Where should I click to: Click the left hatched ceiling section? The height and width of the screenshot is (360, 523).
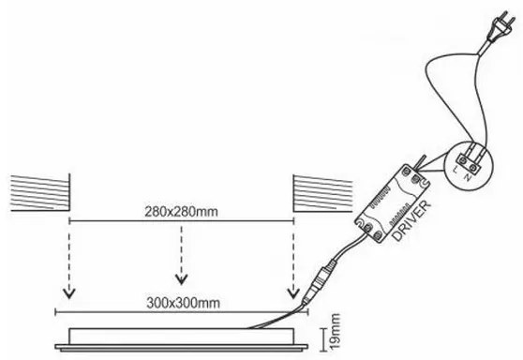(x=40, y=193)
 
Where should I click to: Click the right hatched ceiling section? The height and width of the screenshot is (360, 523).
(x=322, y=193)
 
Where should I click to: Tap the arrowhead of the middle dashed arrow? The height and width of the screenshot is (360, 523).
(x=181, y=278)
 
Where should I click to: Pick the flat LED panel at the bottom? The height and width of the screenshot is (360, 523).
(x=183, y=337)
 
